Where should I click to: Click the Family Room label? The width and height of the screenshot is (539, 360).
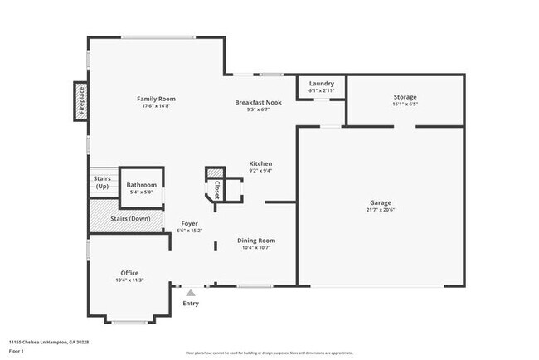click(156, 99)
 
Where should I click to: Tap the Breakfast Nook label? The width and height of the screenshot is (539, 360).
click(258, 102)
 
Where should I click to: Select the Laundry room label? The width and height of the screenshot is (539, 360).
click(321, 84)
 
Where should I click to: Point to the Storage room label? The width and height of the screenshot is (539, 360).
click(405, 97)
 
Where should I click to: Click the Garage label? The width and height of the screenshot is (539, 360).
click(381, 202)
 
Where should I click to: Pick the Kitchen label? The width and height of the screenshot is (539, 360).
click(260, 163)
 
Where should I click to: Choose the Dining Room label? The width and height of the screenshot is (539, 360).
click(256, 240)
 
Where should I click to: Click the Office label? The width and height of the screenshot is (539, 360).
click(129, 273)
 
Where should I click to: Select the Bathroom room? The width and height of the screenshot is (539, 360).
click(142, 185)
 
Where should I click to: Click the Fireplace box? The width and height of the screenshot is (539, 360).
click(81, 101)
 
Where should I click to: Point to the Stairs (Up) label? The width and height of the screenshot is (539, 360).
click(102, 182)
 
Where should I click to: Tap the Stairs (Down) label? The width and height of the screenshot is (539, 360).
click(130, 219)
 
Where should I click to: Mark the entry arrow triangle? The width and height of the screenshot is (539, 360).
click(191, 292)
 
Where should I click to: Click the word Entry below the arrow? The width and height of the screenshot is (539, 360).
click(191, 303)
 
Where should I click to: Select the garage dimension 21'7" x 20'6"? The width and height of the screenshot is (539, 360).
click(381, 209)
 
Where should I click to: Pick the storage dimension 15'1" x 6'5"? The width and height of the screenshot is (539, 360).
click(405, 104)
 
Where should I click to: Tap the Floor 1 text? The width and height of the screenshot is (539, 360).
click(17, 351)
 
